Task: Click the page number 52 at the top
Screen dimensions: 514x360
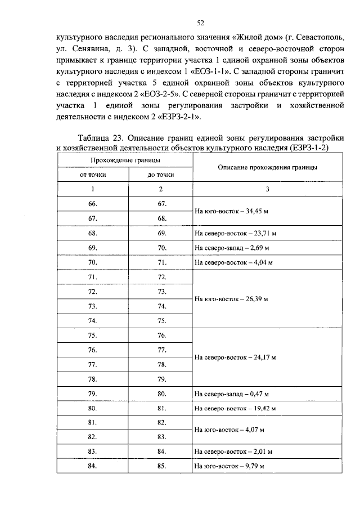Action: coord(200,23)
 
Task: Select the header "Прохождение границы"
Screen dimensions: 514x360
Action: coord(124,160)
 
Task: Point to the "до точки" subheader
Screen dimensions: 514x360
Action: coord(160,175)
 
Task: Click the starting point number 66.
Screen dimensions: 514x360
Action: coord(93,203)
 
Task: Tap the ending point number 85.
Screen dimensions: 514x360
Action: coord(161,467)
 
